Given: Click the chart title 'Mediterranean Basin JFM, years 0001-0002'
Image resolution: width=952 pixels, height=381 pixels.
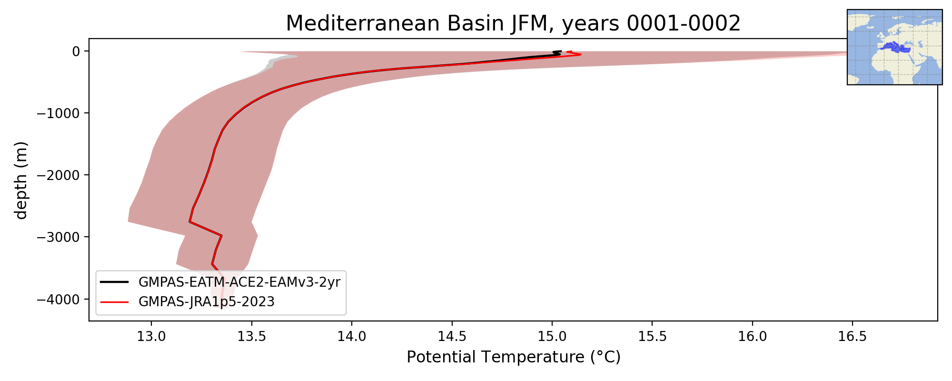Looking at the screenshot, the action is coord(513,23).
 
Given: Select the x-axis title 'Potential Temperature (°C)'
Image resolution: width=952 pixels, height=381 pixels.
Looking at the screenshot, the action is coord(514,357).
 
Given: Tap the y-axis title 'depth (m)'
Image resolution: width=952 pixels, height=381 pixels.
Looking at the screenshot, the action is coord(21,180).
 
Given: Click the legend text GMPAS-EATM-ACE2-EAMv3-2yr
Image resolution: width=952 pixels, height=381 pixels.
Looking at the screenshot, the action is coord(239,282).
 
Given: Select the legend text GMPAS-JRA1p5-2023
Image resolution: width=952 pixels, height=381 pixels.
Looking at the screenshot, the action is coord(207,302).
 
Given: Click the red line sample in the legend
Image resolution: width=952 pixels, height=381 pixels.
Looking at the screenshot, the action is coord(114,302).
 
